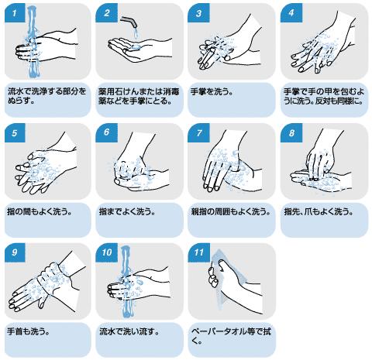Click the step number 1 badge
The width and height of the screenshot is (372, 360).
tap(15, 13)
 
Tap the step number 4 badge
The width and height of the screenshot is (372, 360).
tap(291, 13)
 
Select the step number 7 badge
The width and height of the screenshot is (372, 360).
tap(198, 133)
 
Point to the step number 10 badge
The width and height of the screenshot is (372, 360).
tap(106, 252)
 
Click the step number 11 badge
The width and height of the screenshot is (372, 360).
tap(198, 252)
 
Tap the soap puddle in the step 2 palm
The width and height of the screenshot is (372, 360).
tap(136, 46)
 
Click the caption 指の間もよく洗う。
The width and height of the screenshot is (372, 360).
tap(39, 212)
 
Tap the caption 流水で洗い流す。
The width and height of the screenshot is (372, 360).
tap(129, 331)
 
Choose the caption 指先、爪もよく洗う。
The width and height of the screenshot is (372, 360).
tap(319, 212)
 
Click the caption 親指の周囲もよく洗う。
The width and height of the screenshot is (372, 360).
tap(231, 212)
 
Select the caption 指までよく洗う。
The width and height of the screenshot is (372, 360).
tap(127, 212)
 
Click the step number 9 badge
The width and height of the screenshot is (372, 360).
tap(15, 252)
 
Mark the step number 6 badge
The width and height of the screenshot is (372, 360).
tap(106, 133)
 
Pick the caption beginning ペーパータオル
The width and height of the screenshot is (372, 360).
tap(231, 336)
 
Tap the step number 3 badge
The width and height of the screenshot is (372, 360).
tap(198, 13)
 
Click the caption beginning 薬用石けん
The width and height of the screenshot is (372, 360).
tap(139, 96)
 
